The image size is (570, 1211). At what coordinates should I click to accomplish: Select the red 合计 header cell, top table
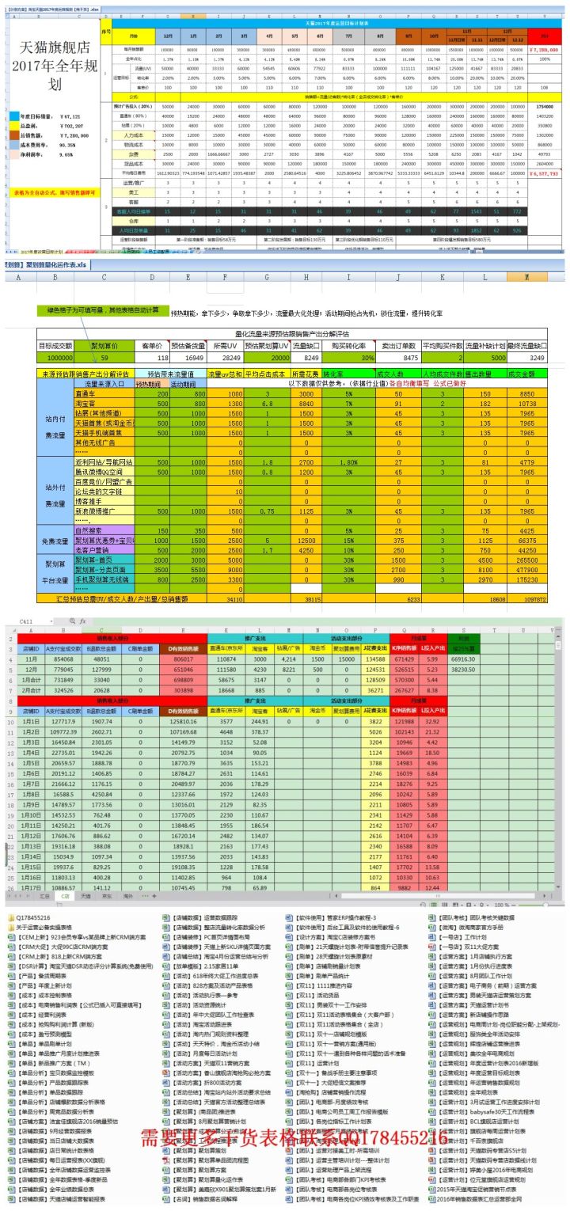pos(542,36)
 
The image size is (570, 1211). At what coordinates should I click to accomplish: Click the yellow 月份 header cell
pos(131,36)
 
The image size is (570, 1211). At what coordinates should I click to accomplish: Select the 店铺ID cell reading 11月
pos(32,659)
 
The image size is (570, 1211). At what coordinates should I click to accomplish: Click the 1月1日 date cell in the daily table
pos(32,721)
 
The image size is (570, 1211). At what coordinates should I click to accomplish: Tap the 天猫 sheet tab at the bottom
pos(85,896)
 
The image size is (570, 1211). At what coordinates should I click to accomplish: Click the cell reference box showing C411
pos(28,621)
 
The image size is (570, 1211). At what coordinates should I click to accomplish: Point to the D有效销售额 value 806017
pos(183,659)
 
